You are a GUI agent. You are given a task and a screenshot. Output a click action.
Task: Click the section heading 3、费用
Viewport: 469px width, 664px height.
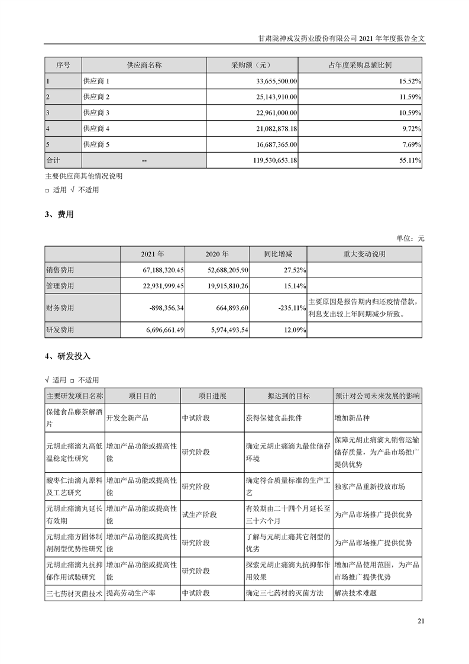(x=59, y=215)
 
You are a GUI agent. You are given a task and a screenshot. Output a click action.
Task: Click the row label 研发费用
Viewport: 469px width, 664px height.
(x=60, y=330)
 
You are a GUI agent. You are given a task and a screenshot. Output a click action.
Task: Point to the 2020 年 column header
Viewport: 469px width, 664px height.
(x=217, y=254)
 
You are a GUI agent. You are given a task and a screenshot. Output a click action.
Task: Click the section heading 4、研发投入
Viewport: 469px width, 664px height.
(x=67, y=357)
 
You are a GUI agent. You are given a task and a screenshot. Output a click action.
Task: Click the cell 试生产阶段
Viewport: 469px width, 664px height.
(x=199, y=515)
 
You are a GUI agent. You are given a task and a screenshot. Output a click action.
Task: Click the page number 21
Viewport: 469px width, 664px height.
(x=421, y=621)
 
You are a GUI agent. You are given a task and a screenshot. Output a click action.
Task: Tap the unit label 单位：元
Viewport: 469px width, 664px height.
(x=410, y=238)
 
